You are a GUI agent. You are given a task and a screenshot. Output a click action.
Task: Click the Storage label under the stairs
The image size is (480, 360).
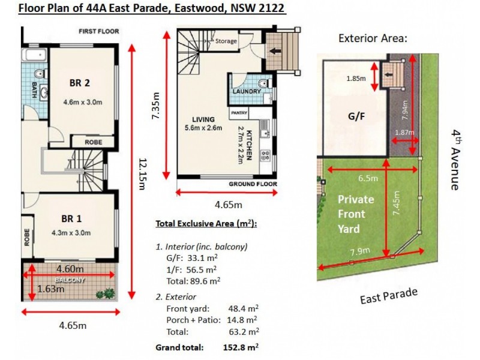click(x=226, y=41)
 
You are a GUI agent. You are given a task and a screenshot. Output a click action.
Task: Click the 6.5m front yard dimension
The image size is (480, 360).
click(x=368, y=178)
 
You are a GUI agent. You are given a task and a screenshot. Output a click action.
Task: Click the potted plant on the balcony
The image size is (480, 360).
click(x=107, y=293)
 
